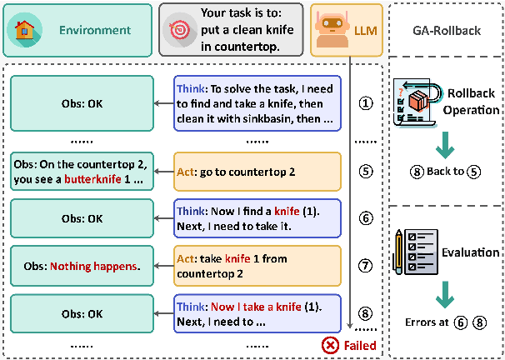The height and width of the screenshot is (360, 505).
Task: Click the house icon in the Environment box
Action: (x=25, y=30)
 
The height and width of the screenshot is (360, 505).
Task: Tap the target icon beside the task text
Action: (x=180, y=30)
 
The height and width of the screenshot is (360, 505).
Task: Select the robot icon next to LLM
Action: (x=332, y=30)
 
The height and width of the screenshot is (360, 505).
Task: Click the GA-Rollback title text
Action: (x=447, y=31)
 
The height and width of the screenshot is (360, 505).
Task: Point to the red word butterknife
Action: (x=92, y=179)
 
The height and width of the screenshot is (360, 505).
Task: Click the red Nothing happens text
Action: (x=93, y=267)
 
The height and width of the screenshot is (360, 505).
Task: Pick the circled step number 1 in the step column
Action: (x=366, y=103)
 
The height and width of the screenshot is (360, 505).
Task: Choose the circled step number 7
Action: (x=366, y=266)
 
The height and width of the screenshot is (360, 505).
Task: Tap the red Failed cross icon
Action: (x=330, y=346)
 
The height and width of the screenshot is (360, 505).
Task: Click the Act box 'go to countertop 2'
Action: (x=257, y=172)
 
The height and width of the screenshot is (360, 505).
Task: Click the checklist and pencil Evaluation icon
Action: (x=416, y=252)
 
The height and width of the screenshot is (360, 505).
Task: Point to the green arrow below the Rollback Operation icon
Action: (x=445, y=145)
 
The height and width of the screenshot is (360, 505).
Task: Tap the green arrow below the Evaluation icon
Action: (x=445, y=295)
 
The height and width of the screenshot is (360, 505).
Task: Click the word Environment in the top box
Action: (x=95, y=30)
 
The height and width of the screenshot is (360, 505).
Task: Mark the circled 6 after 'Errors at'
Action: (x=461, y=322)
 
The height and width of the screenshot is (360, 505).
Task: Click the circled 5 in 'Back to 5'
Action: (x=474, y=172)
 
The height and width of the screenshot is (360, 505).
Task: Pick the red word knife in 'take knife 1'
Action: (x=237, y=258)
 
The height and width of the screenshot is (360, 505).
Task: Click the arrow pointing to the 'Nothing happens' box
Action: (x=163, y=266)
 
